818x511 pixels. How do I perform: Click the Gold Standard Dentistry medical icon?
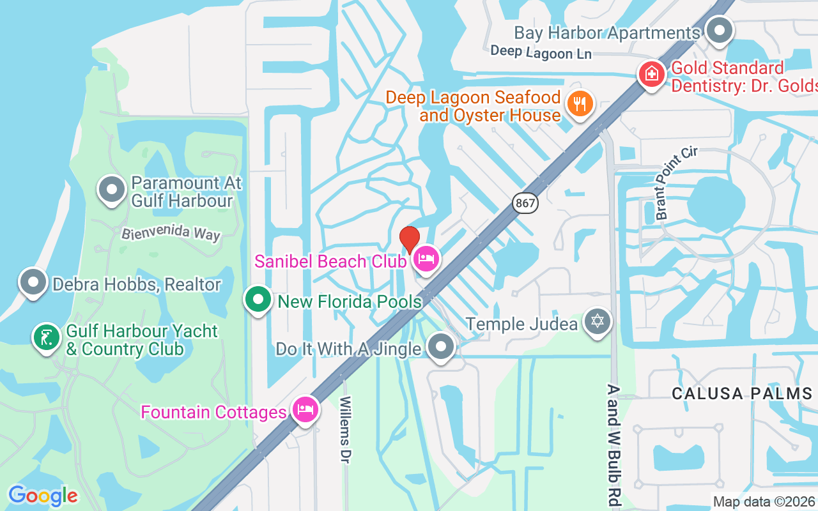[x=651, y=73]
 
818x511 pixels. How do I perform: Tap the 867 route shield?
[x=525, y=204]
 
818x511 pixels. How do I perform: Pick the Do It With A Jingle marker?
[x=440, y=347]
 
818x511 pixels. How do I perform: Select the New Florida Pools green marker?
[x=258, y=299]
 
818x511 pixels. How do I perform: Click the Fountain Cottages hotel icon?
[x=305, y=409]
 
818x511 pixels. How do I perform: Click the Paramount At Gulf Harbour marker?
[x=112, y=189]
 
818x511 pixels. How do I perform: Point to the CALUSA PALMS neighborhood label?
[x=742, y=393]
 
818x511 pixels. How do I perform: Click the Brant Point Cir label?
[x=677, y=183]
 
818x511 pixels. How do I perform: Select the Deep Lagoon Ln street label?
[x=541, y=52]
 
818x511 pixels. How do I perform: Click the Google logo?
[x=43, y=496]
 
